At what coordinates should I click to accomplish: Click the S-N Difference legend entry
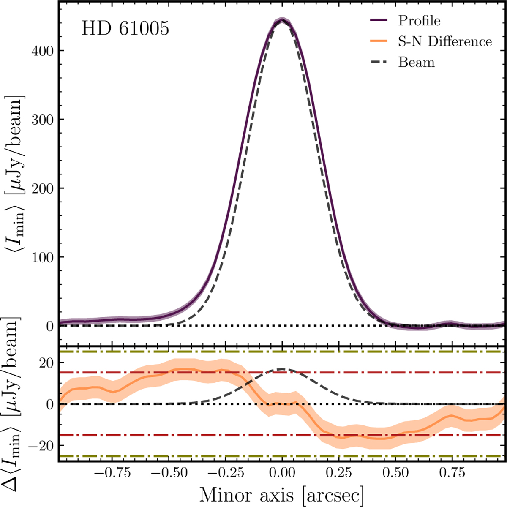445,41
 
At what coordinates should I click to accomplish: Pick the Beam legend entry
416,63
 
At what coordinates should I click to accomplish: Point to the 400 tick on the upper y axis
42,51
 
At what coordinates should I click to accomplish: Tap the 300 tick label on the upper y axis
42,120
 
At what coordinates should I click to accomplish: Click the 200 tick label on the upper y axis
42,188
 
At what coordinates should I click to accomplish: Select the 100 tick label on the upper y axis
42,257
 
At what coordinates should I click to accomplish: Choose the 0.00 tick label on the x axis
282,472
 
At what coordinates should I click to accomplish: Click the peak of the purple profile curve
282,20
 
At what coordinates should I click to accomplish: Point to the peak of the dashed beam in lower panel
282,369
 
